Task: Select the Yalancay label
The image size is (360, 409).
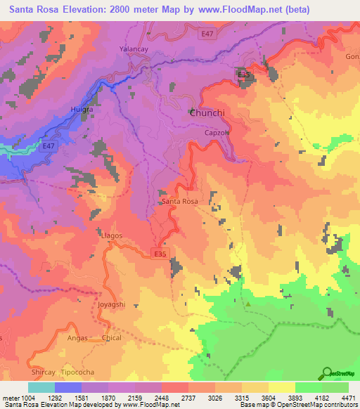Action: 134,49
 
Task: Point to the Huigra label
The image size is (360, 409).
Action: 84,110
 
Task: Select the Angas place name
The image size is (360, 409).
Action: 77,338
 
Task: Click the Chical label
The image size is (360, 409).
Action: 111,338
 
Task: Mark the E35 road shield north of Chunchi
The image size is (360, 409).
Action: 243,74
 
